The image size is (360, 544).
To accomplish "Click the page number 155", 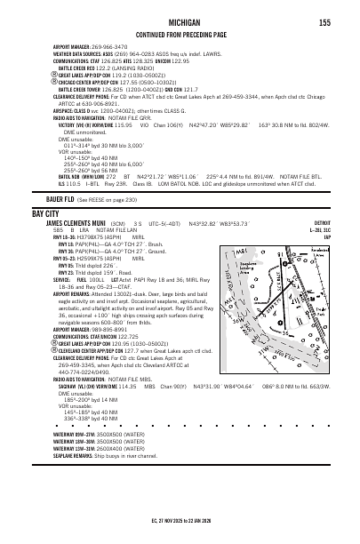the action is coord(325,21).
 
